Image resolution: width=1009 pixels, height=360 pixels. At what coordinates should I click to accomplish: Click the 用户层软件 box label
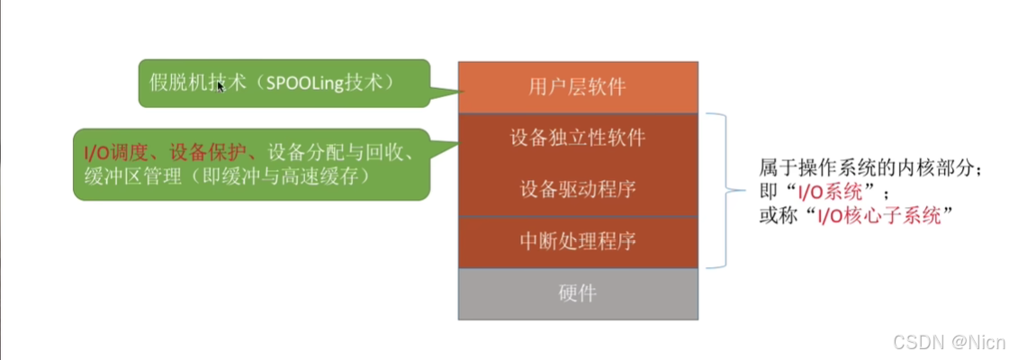coord(577,87)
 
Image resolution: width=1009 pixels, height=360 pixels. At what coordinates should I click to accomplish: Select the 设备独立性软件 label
coord(577,139)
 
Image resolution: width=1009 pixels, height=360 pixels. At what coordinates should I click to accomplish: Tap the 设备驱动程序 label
coord(577,190)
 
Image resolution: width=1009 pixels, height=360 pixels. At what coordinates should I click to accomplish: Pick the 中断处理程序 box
coord(577,241)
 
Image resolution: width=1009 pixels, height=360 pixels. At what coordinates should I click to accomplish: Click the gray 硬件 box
coord(577,293)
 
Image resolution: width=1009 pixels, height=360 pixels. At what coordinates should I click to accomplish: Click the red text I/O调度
coord(115,155)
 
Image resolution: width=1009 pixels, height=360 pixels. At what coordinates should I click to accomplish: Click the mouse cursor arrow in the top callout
coord(220,88)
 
